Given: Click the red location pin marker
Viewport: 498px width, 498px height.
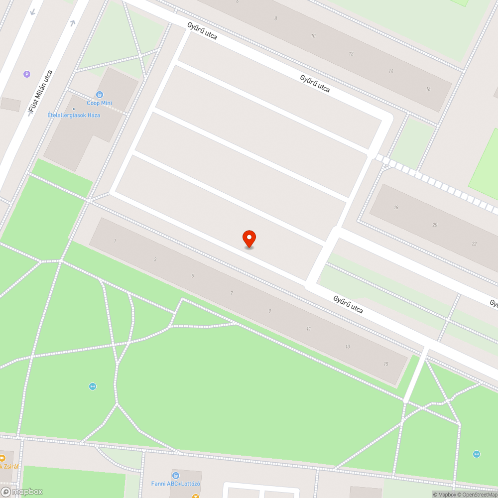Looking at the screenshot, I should (249, 239).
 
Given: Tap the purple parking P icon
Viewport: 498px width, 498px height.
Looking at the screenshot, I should (27, 74).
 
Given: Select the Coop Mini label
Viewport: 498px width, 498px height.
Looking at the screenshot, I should (100, 103).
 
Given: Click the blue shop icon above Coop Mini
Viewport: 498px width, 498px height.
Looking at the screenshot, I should (100, 94).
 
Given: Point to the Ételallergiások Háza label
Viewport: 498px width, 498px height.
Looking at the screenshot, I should (74, 115).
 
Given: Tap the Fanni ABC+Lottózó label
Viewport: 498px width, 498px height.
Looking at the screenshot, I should (176, 484).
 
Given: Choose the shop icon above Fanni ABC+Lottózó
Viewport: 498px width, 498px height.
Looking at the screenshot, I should (175, 475).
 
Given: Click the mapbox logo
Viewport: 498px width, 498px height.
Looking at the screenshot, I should (22, 492).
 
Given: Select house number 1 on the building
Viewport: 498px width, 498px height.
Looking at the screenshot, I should (115, 241).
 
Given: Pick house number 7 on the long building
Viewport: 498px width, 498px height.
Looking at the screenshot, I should (232, 293).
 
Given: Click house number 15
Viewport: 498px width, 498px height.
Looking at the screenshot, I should (386, 364).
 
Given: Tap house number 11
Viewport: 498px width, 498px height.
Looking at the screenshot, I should (309, 329).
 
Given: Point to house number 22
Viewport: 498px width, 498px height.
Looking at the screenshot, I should (474, 244).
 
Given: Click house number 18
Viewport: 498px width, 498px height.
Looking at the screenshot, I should (396, 207).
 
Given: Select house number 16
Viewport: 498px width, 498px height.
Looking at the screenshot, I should (428, 89).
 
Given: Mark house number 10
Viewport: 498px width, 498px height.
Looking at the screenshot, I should (313, 36).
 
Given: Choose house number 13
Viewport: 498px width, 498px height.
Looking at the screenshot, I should (348, 347).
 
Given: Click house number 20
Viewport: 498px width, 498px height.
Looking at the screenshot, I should (435, 225).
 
